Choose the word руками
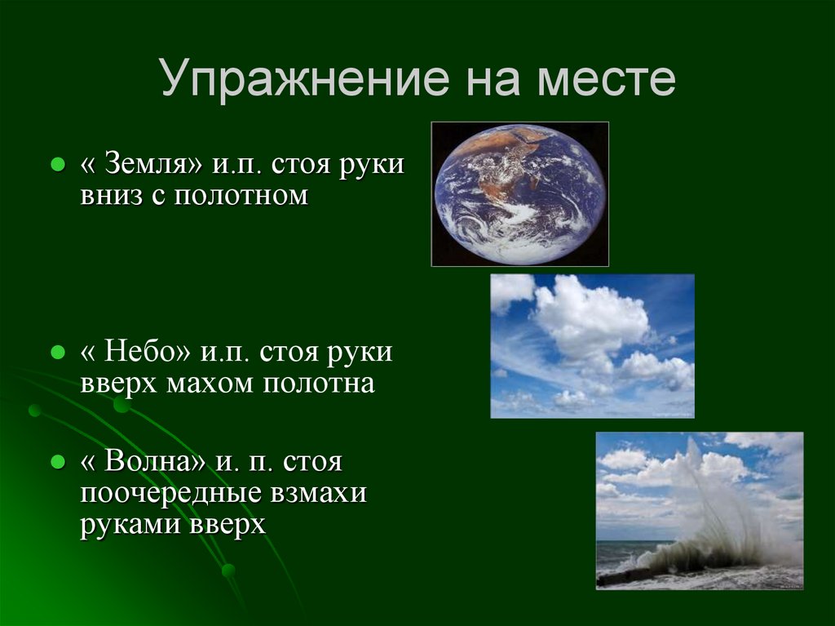130,524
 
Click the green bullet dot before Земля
58,165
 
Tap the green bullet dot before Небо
58,353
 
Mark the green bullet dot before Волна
58,462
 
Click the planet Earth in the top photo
519,193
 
